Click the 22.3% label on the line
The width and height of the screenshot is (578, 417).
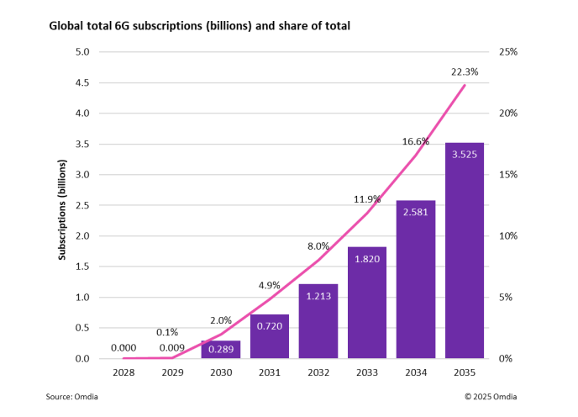[464, 72]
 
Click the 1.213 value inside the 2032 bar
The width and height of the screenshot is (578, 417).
[318, 297]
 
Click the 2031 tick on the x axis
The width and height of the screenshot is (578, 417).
[269, 371]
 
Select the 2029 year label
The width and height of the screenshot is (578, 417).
[171, 371]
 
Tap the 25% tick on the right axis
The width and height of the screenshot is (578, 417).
[508, 52]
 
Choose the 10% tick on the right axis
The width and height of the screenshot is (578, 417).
[508, 236]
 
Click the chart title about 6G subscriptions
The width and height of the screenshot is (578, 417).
[199, 27]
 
